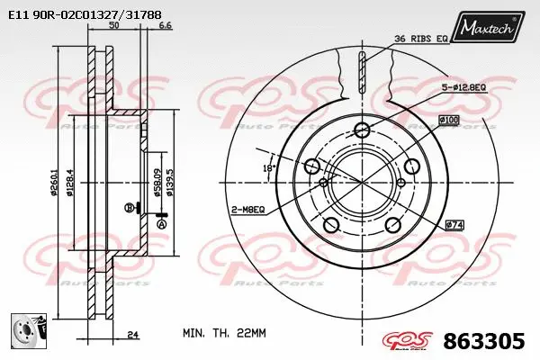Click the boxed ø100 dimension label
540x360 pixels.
449,119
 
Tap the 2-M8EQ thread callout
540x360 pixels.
246,209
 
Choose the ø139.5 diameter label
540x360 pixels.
168,184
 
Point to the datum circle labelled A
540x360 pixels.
162,224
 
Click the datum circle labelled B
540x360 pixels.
129,208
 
